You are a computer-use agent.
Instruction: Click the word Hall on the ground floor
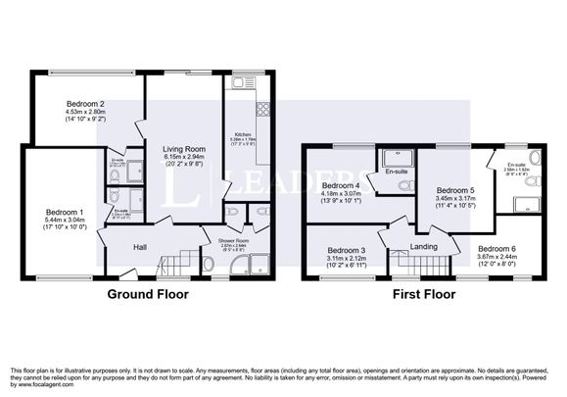pyautogui.click(x=140, y=246)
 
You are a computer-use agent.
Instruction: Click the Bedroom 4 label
pyautogui.click(x=342, y=185)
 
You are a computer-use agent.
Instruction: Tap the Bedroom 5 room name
pyautogui.click(x=455, y=190)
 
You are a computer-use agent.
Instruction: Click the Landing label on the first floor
pyautogui.click(x=423, y=246)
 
